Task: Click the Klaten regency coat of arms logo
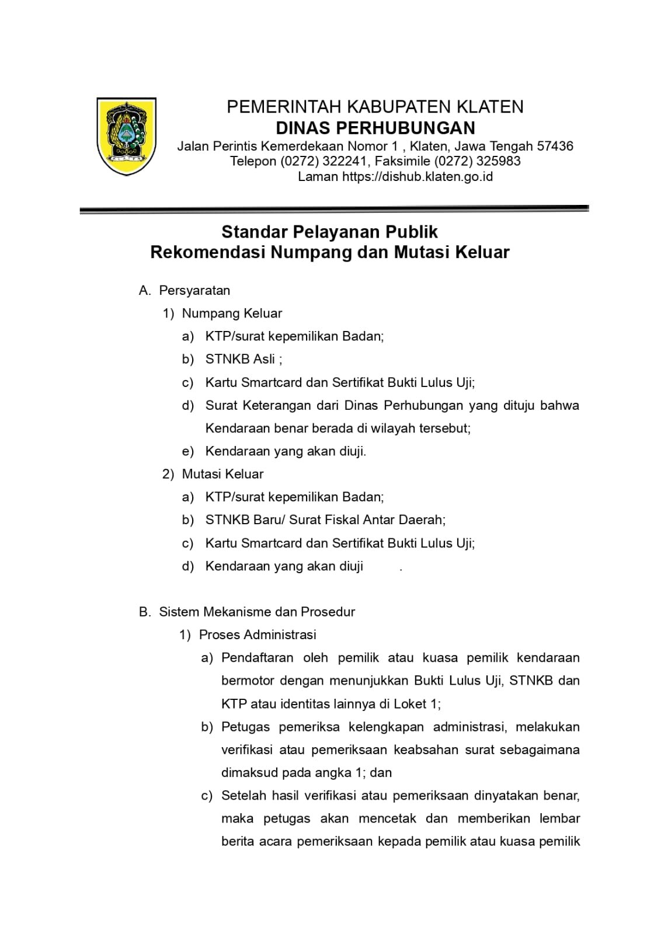126,136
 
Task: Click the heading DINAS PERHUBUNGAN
375,128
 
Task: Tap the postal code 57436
555,146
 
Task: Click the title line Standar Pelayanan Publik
329,232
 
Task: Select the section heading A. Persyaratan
185,290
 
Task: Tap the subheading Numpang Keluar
232,313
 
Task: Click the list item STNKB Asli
240,359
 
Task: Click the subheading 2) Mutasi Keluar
213,474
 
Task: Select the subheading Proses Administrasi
258,635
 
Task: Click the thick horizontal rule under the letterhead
334,209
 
